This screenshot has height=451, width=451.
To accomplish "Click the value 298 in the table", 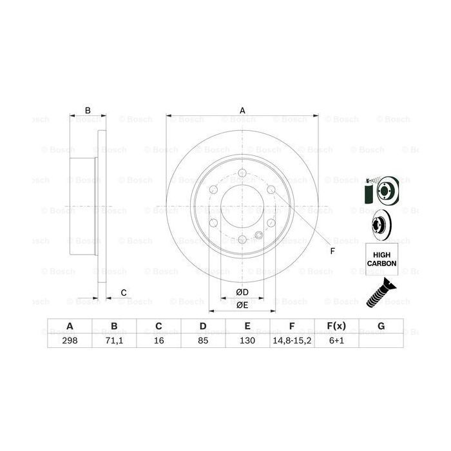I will pos(69,340).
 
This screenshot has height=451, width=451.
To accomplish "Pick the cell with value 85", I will pos(202,340).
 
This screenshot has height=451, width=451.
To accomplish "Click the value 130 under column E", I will pos(247,340).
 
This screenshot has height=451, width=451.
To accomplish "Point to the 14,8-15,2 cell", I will pos(292,340).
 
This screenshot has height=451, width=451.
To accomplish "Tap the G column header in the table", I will pos(381,326).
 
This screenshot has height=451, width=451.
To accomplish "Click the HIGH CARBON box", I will pos(381,259).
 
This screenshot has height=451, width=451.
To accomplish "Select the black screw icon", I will pos(380,294).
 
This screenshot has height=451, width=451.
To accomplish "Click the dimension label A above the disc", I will pos(243,110).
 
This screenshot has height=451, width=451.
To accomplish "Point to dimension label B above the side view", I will pos(88,110).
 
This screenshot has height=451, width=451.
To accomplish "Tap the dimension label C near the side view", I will pos(123,293).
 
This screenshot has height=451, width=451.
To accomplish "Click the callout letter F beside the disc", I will pos(332,251).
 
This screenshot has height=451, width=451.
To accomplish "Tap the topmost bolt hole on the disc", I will pos(242,172).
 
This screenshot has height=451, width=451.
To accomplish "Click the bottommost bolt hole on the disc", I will pos(242,240).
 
